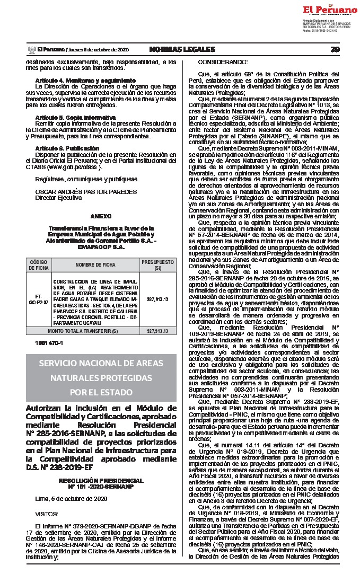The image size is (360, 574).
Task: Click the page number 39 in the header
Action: [335, 49]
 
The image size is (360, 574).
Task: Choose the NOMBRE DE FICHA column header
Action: [95, 264]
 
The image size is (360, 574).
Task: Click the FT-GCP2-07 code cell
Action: [38, 299]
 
